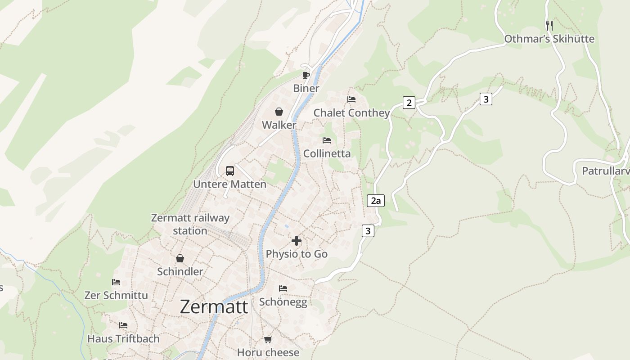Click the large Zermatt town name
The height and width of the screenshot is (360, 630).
click(214, 307)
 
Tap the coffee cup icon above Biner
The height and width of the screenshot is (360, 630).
click(306, 75)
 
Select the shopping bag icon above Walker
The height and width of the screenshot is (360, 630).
click(279, 112)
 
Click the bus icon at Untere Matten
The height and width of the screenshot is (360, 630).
click(230, 171)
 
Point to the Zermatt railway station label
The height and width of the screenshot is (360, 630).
click(190, 224)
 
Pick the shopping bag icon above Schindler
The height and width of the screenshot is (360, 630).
click(180, 258)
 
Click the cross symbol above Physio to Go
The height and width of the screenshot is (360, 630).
click(297, 241)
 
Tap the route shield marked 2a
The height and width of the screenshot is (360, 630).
click(376, 201)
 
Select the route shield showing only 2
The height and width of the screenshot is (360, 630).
click(409, 103)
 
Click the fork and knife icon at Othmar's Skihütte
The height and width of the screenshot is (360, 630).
click(549, 25)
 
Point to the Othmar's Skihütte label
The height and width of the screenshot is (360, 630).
click(549, 39)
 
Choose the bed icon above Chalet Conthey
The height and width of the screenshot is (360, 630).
click(351, 99)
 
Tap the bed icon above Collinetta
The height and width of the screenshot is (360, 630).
click(327, 140)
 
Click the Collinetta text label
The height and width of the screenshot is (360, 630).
click(327, 153)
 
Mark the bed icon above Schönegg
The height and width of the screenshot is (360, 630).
click(283, 288)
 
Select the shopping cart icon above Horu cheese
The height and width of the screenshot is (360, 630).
click(268, 339)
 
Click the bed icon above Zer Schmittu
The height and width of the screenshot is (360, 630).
click(116, 282)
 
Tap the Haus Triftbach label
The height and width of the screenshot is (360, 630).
click(123, 338)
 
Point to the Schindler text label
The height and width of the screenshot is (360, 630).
click(180, 271)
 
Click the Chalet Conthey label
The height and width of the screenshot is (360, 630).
click(351, 112)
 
